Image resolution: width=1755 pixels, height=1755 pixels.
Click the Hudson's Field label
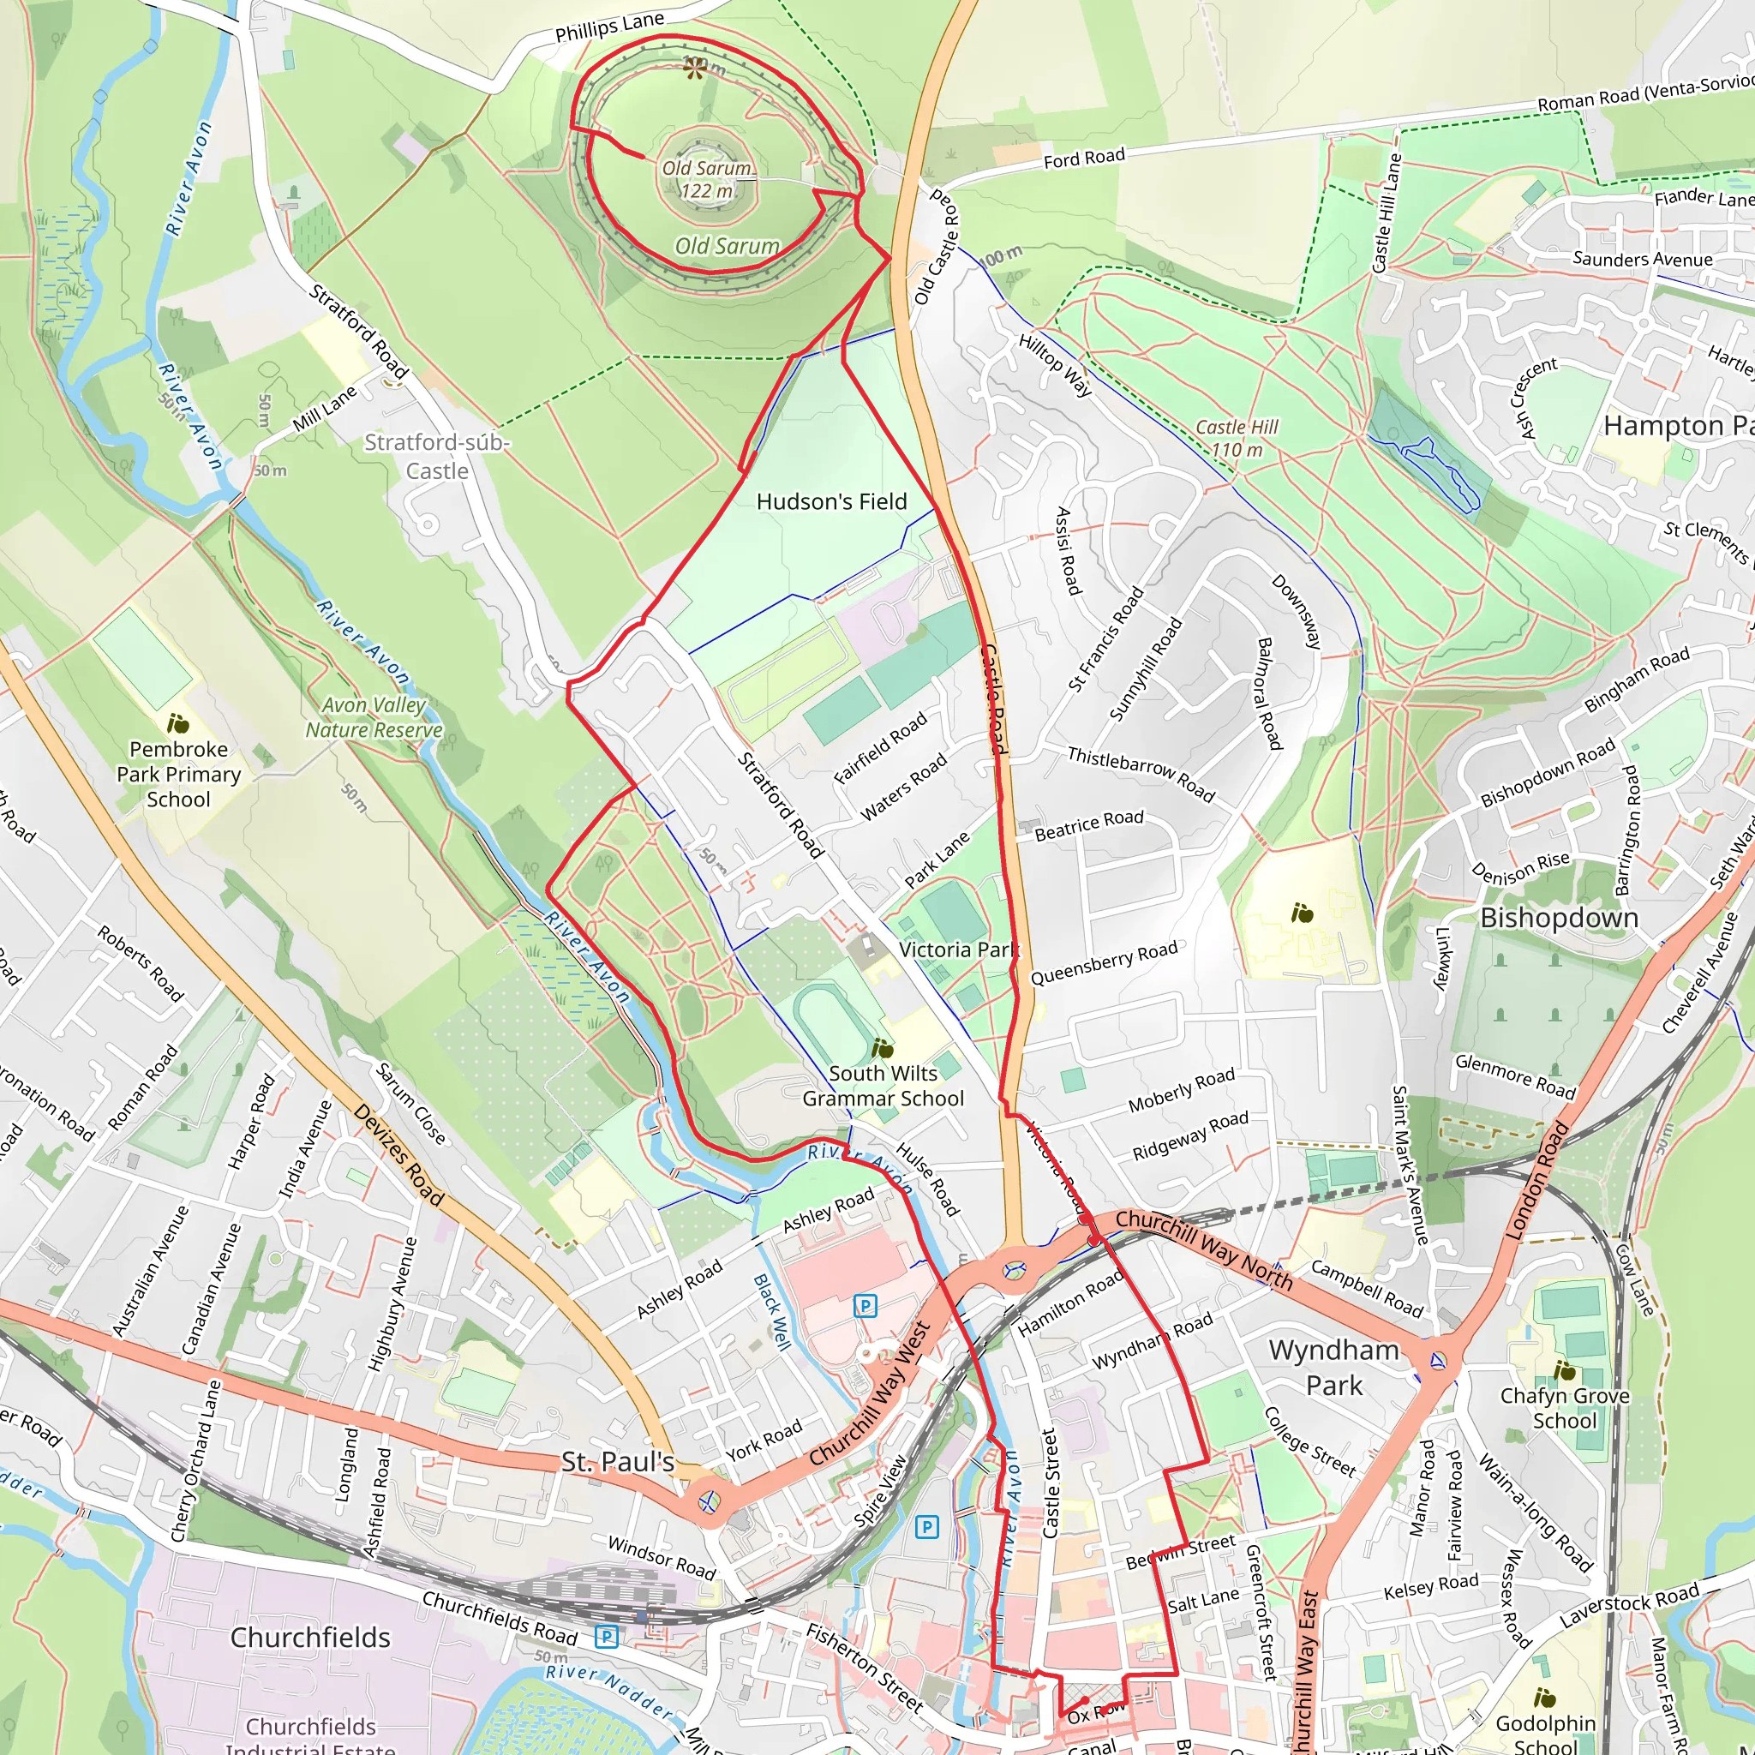[831, 501]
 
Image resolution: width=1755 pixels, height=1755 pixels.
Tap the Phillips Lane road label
[609, 27]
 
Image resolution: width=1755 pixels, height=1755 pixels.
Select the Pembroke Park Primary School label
[179, 774]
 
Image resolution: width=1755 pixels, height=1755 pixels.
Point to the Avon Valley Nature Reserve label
[374, 717]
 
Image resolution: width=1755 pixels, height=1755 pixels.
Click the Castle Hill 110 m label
[1237, 438]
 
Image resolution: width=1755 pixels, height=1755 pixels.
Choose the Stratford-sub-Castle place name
[437, 456]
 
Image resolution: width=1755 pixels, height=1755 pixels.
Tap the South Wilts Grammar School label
[883, 1086]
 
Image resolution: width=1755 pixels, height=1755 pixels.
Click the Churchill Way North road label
[1204, 1250]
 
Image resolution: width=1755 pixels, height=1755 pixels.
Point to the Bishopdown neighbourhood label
[1560, 918]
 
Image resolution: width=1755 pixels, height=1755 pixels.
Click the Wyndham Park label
[1333, 1367]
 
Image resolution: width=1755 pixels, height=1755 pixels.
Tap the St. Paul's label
[618, 1462]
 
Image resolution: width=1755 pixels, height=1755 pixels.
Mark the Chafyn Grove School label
[1564, 1408]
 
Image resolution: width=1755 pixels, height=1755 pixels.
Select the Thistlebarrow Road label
[1140, 774]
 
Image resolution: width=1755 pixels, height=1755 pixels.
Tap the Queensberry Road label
[1104, 963]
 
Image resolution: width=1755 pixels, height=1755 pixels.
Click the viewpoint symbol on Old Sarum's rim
[695, 69]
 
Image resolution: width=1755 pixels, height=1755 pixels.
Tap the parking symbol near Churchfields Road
[607, 1637]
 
